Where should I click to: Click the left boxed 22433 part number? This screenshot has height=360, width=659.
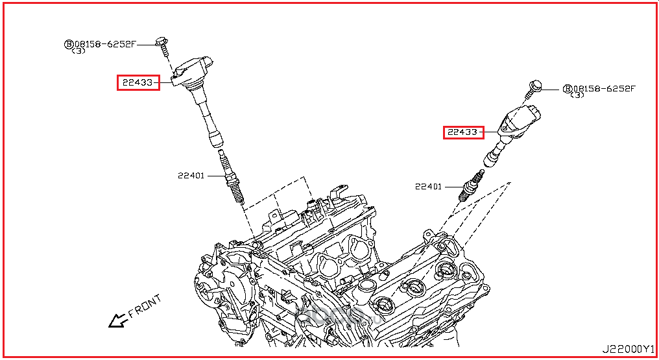tap(138, 82)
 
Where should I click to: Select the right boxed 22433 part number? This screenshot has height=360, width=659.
tap(463, 132)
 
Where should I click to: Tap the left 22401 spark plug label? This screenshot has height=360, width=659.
tap(191, 175)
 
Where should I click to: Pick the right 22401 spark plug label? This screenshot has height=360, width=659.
tap(428, 187)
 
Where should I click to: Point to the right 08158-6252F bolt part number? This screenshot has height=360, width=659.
tap(604, 88)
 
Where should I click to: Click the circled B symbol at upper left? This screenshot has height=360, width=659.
tap(68, 44)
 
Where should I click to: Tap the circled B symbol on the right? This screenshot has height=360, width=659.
tap(566, 89)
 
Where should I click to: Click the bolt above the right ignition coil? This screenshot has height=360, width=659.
tap(534, 87)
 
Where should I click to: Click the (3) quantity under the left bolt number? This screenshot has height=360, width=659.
tap(78, 51)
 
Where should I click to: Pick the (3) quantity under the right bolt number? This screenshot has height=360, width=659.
tap(577, 96)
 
